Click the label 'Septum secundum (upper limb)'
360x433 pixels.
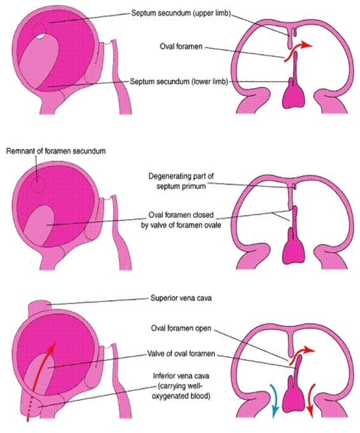(181, 13)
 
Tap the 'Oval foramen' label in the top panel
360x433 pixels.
(181, 46)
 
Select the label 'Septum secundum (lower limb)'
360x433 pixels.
(179, 82)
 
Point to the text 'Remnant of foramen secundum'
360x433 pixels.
(56, 151)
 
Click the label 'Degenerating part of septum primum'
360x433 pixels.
(181, 181)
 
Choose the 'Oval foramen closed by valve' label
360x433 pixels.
(181, 220)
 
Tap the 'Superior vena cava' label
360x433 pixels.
(181, 298)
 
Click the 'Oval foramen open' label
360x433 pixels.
(181, 328)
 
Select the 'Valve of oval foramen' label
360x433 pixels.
(181, 354)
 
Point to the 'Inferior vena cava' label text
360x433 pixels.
(181, 386)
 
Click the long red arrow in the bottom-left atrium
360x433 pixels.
(39, 384)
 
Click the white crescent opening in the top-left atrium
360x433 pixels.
(40, 36)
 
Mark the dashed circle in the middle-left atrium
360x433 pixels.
(38, 184)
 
